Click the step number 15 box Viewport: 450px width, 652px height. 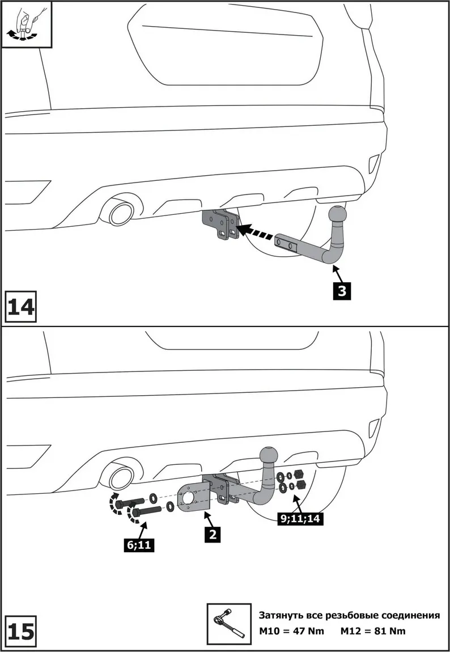click(20, 631)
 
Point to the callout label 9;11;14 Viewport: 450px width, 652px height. click(300, 518)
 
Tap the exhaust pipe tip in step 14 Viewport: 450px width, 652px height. click(120, 215)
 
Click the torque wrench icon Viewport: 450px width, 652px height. click(229, 624)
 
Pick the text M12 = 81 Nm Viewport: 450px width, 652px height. click(373, 631)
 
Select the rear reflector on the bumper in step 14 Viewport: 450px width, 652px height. click(375, 163)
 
